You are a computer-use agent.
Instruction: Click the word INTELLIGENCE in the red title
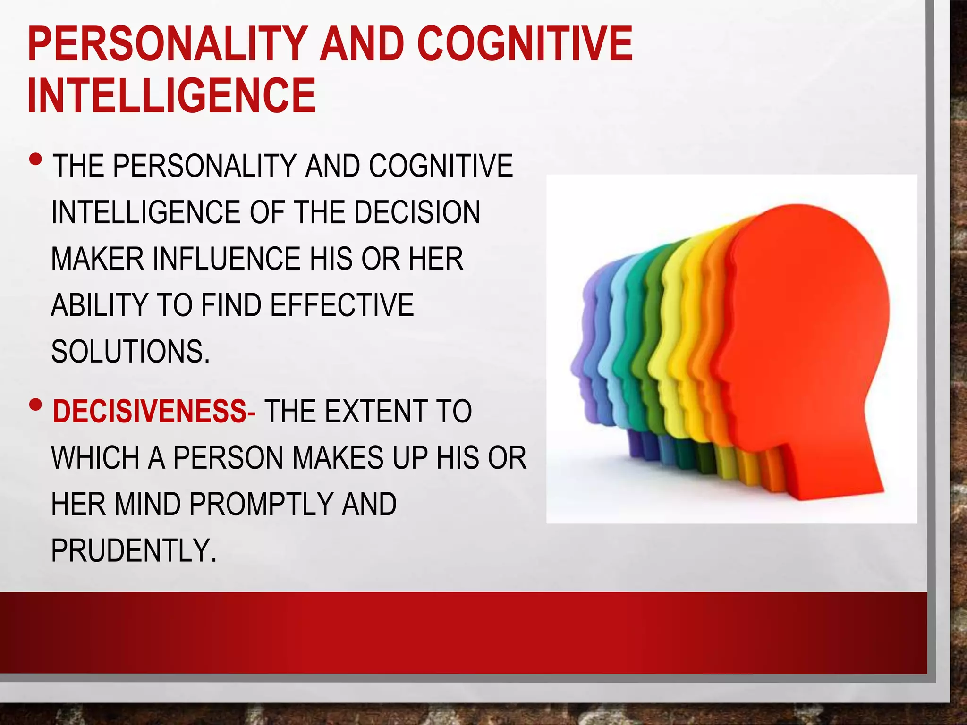pos(171,96)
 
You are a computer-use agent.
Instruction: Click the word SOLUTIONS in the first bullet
pos(130,352)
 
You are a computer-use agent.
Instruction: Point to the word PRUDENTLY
pos(134,550)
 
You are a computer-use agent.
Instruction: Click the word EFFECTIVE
pos(342,305)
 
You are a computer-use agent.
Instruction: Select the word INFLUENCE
pos(227,259)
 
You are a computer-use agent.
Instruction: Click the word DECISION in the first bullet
pos(417,212)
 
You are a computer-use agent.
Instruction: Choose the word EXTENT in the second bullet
pos(375,412)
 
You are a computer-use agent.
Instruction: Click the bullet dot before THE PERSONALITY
pos(35,159)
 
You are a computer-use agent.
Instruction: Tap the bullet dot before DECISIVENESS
pos(35,405)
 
